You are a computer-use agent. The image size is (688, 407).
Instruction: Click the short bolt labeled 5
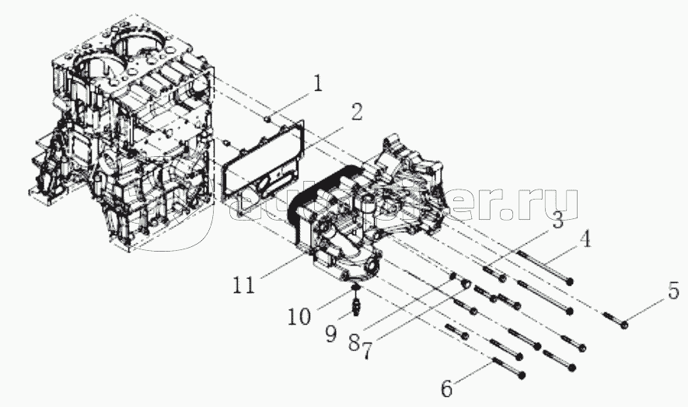(619, 319)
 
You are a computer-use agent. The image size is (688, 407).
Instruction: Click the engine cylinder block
(124, 140)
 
